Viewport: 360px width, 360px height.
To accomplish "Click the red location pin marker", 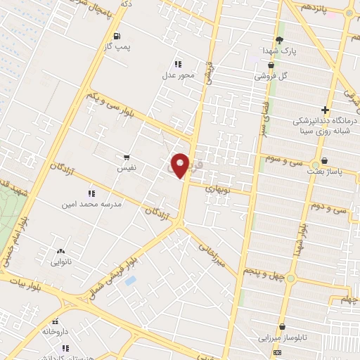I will [181, 165].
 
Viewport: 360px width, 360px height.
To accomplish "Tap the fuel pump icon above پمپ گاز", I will [116, 36].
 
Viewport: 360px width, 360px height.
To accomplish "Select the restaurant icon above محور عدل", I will [178, 63].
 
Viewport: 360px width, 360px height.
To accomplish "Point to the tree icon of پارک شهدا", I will [279, 40].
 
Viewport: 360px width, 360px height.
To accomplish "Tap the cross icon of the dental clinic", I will [324, 110].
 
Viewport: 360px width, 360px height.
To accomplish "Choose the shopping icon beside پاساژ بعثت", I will [324, 161].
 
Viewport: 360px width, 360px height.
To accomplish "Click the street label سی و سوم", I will [284, 161].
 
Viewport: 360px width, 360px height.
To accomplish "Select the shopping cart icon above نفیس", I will [127, 157].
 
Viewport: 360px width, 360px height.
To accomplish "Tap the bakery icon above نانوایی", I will [60, 250].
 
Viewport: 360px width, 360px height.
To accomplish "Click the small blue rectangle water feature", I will [130, 281].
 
